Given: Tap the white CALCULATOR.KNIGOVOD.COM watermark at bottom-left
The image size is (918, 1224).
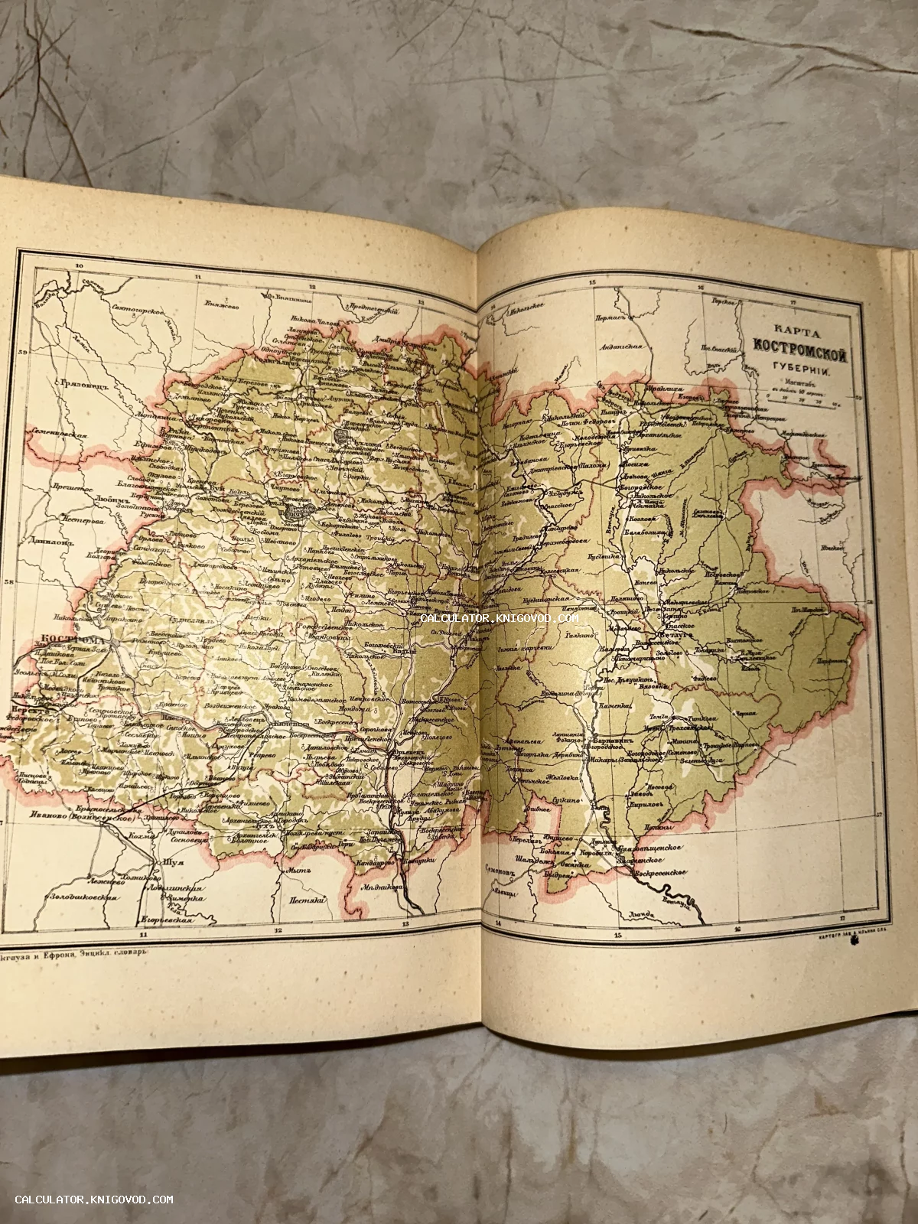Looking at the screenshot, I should pyautogui.click(x=94, y=1200).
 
